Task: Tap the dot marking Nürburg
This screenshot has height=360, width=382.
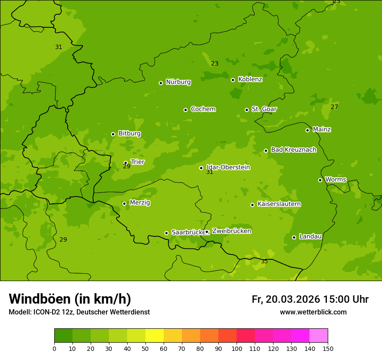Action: [x=161, y=83]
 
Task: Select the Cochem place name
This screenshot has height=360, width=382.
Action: [x=203, y=109]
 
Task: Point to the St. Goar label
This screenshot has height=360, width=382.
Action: [x=264, y=109]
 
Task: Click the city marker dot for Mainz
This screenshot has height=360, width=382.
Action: [x=307, y=130]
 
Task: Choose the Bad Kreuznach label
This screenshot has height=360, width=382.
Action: [x=293, y=150]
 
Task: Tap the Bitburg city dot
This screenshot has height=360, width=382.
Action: [x=113, y=134]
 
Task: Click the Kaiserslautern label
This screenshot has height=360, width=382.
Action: [x=279, y=204]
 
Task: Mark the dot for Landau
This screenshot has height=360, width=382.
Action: [x=294, y=237]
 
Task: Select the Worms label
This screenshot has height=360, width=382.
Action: [x=336, y=179]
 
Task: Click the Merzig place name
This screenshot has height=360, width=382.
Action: [x=140, y=203]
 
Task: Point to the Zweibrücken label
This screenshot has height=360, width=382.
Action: [x=231, y=231]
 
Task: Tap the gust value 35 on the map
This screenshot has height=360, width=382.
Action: [x=264, y=262]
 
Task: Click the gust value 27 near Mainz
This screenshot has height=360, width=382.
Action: [x=334, y=107]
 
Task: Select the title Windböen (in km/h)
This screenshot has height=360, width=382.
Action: [x=70, y=299]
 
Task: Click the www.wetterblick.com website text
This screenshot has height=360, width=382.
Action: [x=313, y=312]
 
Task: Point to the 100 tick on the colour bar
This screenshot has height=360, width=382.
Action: [x=237, y=348]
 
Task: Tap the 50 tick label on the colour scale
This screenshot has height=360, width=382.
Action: [x=145, y=348]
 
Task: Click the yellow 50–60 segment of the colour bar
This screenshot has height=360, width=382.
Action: [x=155, y=335]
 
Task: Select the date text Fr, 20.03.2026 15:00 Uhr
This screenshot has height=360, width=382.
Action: [x=310, y=299]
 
